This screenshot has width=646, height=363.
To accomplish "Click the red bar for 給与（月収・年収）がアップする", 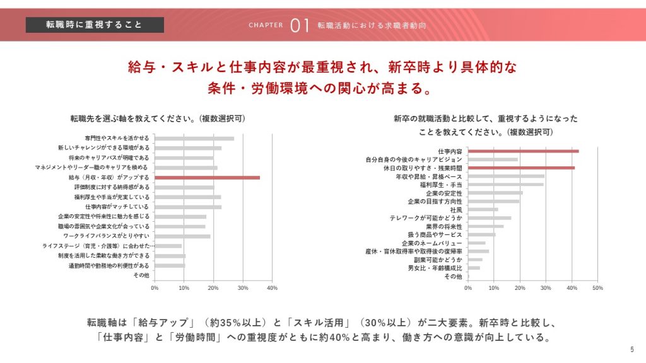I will click(x=207, y=178).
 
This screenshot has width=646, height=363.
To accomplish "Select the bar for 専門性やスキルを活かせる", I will click(x=194, y=139).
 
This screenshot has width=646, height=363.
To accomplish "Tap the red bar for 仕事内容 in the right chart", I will click(x=523, y=151).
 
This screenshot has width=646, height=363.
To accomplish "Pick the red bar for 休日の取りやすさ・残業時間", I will click(x=521, y=168).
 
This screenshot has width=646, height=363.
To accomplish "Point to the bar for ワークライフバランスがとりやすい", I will click(x=182, y=236).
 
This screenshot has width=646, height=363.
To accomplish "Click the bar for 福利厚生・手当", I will click(x=505, y=185).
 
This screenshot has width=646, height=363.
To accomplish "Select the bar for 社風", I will click(x=483, y=209).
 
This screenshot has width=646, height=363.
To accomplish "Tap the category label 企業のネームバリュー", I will click(x=432, y=243).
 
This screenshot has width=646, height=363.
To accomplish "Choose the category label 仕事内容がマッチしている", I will click(x=117, y=207).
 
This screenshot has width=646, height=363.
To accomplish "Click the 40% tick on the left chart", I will click(x=273, y=288).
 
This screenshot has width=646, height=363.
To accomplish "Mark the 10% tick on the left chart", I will click(x=184, y=288).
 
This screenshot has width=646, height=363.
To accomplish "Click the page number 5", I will click(x=632, y=350).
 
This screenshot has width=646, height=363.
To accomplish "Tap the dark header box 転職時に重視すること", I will click(x=95, y=25).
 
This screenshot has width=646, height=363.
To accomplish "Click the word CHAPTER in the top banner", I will click(x=266, y=26).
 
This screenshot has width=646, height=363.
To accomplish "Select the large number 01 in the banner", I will click(x=300, y=25).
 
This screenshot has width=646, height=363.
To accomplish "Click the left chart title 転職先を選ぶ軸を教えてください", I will click(x=158, y=118).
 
